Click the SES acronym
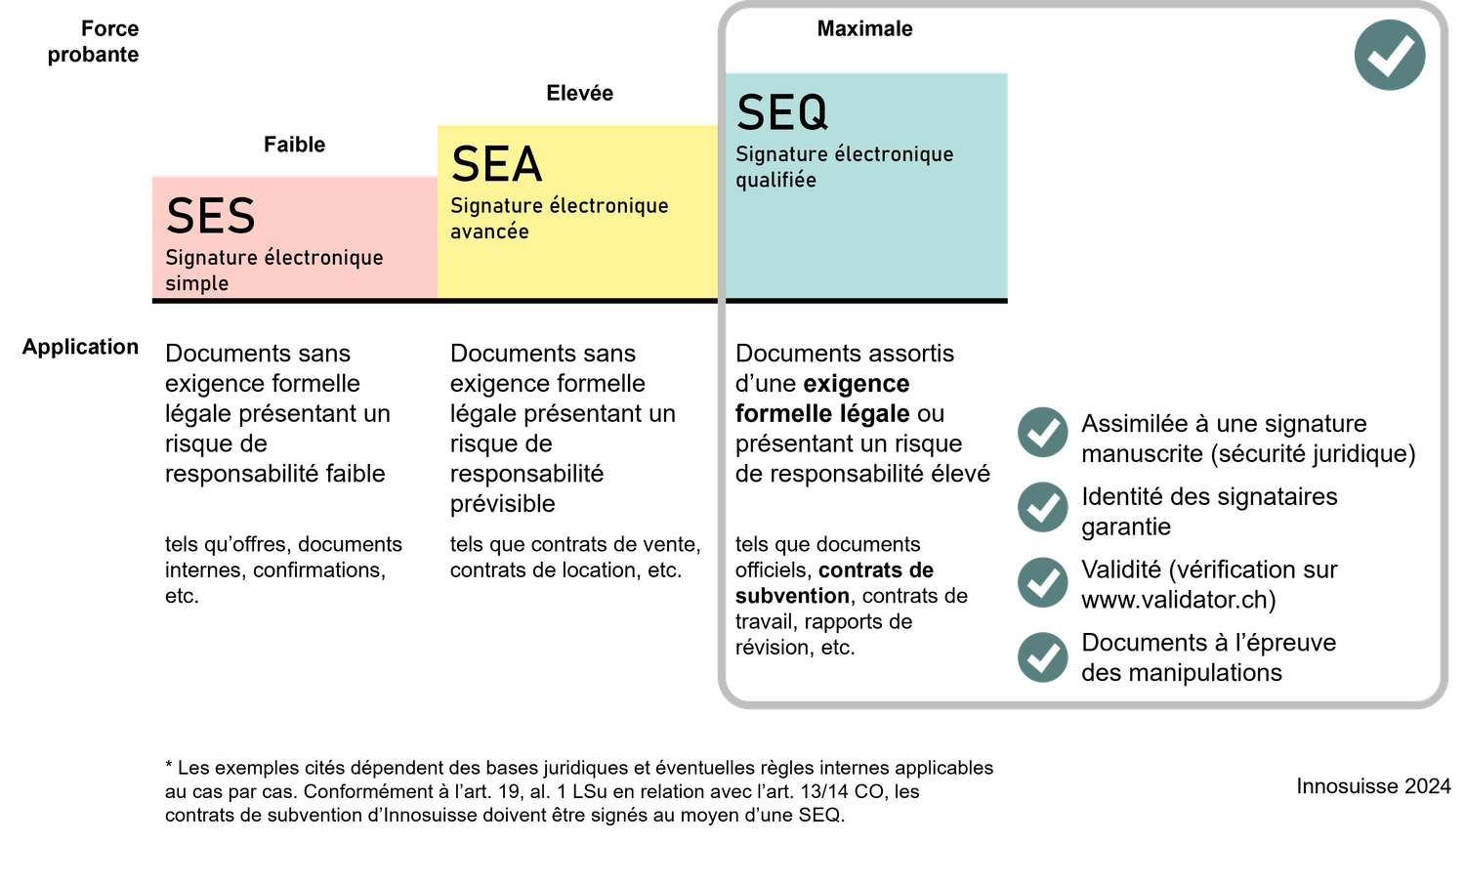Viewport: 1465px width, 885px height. [210, 216]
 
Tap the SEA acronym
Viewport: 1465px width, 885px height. [496, 164]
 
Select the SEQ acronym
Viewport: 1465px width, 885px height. [781, 112]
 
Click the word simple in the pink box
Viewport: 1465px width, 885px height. [196, 283]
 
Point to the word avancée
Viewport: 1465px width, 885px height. [489, 232]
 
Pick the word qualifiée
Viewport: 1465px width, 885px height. [775, 180]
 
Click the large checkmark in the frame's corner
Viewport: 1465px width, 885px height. [1389, 55]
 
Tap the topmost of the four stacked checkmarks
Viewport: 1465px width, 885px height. [1043, 432]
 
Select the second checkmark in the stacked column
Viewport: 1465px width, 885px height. [1043, 507]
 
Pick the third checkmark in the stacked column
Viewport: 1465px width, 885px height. [1043, 582]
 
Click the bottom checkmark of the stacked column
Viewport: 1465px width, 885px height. [1043, 657]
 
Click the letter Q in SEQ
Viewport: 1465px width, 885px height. [811, 113]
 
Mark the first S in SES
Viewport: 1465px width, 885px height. [180, 216]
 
